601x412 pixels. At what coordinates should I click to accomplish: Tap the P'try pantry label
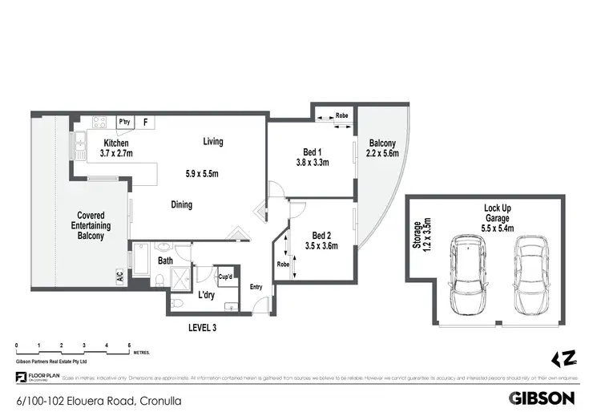[125, 122]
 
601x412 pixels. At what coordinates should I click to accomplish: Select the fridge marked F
[145, 123]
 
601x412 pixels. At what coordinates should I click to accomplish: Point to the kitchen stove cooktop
[101, 123]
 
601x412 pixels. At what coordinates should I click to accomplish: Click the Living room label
[212, 142]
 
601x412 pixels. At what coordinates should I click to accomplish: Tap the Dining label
[182, 204]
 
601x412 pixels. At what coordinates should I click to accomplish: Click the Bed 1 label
[313, 152]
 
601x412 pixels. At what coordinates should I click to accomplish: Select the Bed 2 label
[321, 236]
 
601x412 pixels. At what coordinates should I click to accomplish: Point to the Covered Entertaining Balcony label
[93, 225]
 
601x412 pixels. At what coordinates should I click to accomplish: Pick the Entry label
[256, 287]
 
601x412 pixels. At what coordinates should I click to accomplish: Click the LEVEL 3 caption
[201, 327]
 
